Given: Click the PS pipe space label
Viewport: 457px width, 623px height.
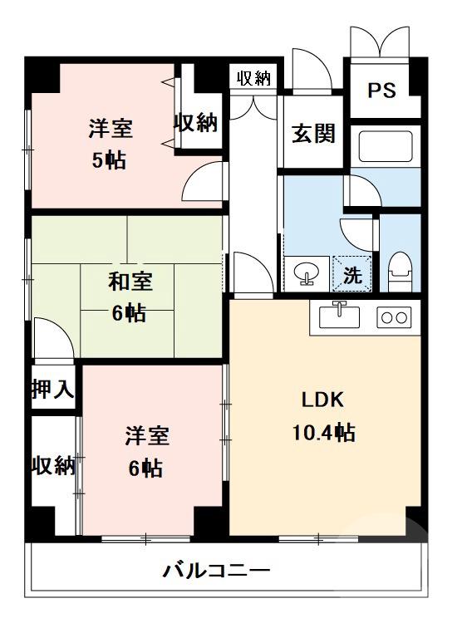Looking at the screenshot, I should pyautogui.click(x=383, y=89).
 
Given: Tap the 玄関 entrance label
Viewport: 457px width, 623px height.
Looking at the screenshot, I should pyautogui.click(x=312, y=133).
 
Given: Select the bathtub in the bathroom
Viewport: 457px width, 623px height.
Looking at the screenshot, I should pyautogui.click(x=384, y=148).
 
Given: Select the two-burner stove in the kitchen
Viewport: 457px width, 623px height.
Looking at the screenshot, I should pyautogui.click(x=394, y=316).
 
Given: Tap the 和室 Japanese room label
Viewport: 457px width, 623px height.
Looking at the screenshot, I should pyautogui.click(x=130, y=282).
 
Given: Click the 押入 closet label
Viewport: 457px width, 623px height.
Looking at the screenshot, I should pyautogui.click(x=52, y=389).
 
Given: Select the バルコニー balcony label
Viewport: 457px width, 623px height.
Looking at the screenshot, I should pyautogui.click(x=215, y=571).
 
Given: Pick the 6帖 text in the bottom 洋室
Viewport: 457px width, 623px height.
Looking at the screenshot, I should pyautogui.click(x=145, y=468).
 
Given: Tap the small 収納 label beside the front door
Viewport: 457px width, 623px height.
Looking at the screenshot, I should pyautogui.click(x=254, y=79).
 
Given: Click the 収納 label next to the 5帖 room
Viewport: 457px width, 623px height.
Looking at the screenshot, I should pyautogui.click(x=195, y=123).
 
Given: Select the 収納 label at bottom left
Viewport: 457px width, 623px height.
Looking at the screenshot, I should pyautogui.click(x=53, y=465).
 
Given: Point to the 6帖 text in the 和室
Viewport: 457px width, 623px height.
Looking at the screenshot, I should pyautogui.click(x=130, y=314).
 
